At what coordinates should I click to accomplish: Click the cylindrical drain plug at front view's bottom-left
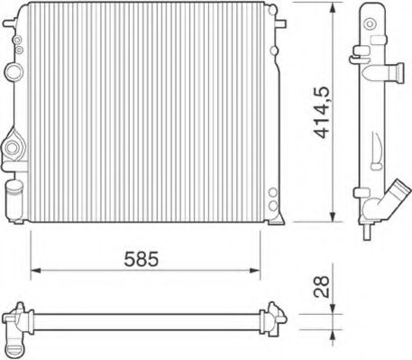point(14,193)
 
